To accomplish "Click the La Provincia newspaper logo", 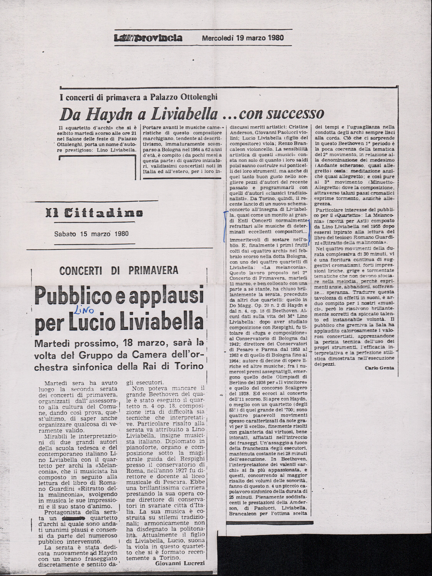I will pyautogui.click(x=148, y=38).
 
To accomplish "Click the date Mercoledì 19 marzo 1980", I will pyautogui.click(x=243, y=38).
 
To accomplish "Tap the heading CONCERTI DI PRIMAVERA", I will pyautogui.click(x=119, y=270).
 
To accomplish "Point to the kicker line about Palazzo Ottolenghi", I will pyautogui.click(x=138, y=97).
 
